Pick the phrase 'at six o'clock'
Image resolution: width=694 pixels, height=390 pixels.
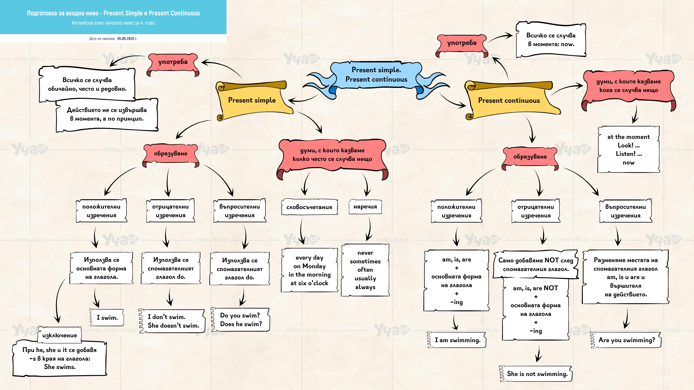pos(309,283)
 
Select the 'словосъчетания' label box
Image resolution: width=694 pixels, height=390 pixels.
pos(309,207)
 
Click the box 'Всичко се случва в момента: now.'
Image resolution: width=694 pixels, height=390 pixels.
pos(551,40)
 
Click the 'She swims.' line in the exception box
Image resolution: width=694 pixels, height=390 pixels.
pos(60,367)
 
